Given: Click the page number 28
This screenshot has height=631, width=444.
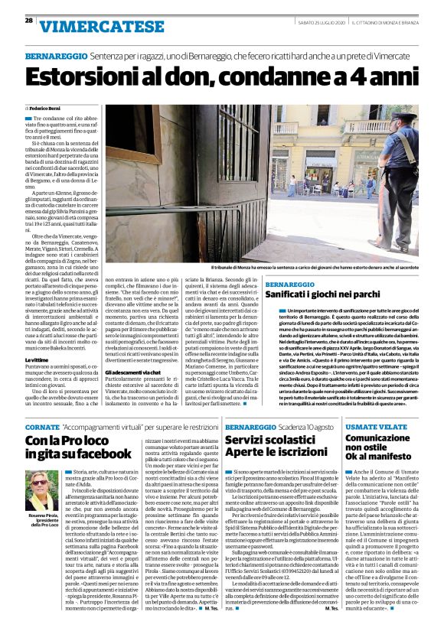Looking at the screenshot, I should pos(28,21).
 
